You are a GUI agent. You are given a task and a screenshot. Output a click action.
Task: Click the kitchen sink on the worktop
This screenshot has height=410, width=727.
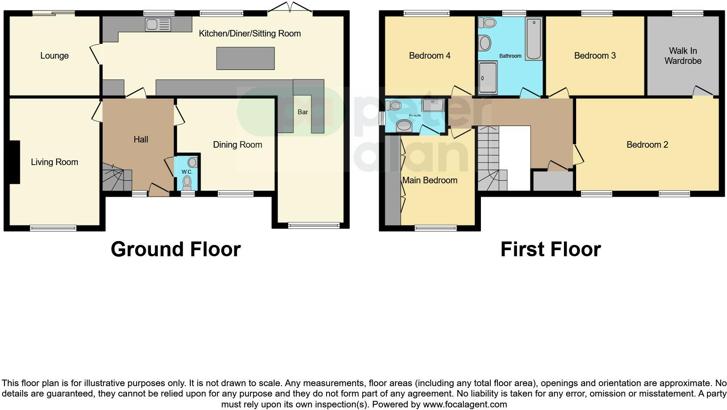(157, 25)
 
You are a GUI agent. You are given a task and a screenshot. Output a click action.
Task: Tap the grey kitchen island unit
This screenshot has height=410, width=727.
(245, 58)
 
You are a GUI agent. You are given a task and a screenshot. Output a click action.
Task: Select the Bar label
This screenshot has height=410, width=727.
(303, 112)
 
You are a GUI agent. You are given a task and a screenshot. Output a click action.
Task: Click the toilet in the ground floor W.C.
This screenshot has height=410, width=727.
(187, 183)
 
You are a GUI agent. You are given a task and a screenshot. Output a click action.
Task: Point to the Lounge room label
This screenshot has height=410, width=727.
(54, 56)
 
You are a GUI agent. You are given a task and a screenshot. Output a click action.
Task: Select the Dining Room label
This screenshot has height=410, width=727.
(237, 145)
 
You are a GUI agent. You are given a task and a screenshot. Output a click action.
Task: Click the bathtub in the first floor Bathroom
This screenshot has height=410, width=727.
(534, 39)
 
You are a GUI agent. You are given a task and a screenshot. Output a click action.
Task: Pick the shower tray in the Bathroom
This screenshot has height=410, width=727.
(487, 78)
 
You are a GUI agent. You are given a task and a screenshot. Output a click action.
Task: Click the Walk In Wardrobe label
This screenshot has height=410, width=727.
(683, 56)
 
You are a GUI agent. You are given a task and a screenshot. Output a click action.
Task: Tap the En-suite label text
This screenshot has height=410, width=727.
(414, 116)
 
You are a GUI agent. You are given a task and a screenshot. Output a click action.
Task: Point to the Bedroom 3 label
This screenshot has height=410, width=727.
(595, 56)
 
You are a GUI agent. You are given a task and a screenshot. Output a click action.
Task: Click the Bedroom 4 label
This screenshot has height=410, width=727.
(430, 56)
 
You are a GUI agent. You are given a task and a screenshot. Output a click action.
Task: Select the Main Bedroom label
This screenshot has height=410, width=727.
(430, 180)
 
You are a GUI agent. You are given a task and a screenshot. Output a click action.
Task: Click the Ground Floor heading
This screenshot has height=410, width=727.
(176, 249)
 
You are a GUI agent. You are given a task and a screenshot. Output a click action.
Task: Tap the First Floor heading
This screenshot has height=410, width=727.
(550, 249)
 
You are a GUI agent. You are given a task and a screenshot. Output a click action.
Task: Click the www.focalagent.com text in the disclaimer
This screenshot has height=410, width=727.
(465, 404)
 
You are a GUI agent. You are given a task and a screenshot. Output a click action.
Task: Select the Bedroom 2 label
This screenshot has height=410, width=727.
(647, 145)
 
